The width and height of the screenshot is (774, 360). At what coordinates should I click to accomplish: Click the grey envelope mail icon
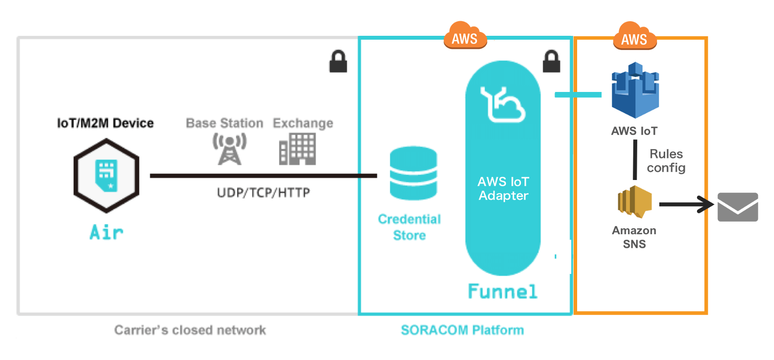pyautogui.click(x=737, y=207)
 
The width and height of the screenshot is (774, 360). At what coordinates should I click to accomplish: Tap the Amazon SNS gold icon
pyautogui.click(x=634, y=201)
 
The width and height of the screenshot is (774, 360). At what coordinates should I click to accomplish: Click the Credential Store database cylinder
pyautogui.click(x=413, y=173)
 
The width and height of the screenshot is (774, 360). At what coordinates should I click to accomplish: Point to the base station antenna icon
pyautogui.click(x=229, y=149)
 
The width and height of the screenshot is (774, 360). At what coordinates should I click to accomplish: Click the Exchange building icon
pyautogui.click(x=298, y=149)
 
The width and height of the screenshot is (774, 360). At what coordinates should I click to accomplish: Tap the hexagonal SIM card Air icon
pyautogui.click(x=106, y=176)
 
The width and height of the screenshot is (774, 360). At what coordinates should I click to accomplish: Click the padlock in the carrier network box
pyautogui.click(x=338, y=61)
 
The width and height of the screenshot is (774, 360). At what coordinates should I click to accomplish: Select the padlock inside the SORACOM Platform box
pyautogui.click(x=551, y=61)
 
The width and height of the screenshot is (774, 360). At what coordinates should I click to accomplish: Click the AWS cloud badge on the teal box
pyautogui.click(x=465, y=36)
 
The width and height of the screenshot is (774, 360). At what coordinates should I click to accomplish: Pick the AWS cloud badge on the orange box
pyautogui.click(x=635, y=37)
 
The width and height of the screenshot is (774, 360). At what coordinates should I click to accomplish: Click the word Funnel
pyautogui.click(x=503, y=291)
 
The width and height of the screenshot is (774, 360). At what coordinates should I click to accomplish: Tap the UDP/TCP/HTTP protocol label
pyautogui.click(x=263, y=193)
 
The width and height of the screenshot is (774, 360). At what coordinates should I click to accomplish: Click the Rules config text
pyautogui.click(x=666, y=161)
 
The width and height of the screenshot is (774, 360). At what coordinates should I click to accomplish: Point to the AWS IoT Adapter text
pyautogui.click(x=503, y=188)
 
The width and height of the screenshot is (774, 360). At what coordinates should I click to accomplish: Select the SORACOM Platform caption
pyautogui.click(x=462, y=330)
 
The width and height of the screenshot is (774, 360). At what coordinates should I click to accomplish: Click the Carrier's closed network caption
pyautogui.click(x=190, y=330)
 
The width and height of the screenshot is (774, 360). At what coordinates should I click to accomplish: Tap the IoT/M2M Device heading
pyautogui.click(x=105, y=123)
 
